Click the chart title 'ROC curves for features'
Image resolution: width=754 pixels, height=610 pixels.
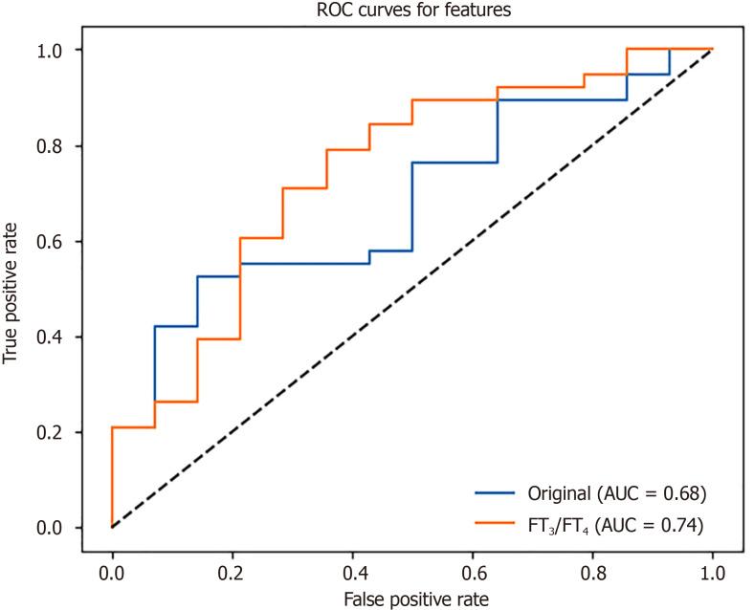point(411,11)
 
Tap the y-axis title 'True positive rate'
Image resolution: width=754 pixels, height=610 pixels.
point(13,288)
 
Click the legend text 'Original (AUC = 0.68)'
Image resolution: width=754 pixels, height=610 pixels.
point(616,494)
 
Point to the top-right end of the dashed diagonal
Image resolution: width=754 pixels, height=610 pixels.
point(712,50)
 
